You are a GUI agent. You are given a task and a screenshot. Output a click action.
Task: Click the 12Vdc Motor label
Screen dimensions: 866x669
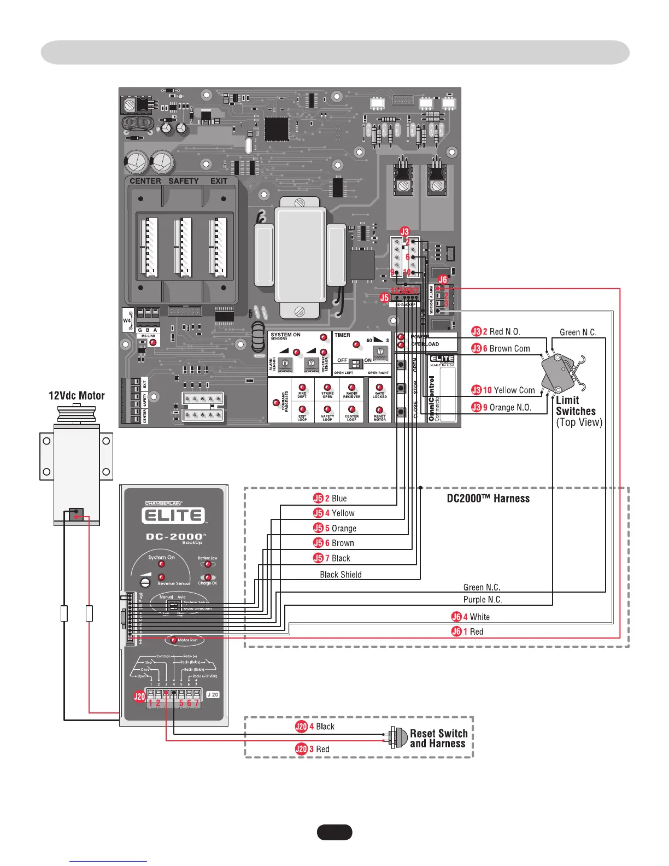point(77,396)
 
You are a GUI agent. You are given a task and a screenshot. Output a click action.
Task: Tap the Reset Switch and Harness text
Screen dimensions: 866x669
point(438,738)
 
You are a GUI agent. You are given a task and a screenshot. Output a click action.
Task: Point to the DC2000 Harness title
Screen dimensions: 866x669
point(488,498)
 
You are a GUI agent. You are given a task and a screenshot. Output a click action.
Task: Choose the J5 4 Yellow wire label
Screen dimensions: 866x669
point(334,513)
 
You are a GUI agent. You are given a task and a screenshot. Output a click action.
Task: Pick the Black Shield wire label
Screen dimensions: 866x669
point(341,574)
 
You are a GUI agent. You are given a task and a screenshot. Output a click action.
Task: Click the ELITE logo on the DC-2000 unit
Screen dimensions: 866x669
point(173,516)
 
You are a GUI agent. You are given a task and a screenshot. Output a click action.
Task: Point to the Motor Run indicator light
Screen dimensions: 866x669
point(173,640)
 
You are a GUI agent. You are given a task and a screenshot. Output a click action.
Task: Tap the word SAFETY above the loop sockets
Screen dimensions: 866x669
point(183,181)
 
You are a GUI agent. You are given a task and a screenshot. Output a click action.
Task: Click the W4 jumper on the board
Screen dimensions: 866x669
point(127,321)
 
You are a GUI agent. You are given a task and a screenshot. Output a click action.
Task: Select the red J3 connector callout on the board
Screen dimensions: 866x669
point(404,232)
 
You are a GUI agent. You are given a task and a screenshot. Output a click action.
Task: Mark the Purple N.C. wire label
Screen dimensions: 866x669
point(482,599)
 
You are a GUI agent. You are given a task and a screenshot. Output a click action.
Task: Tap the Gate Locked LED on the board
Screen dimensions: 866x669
point(379,389)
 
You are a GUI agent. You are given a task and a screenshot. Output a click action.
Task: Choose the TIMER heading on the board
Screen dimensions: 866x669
point(343,335)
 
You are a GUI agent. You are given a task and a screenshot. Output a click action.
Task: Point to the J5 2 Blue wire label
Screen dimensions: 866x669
point(330,498)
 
